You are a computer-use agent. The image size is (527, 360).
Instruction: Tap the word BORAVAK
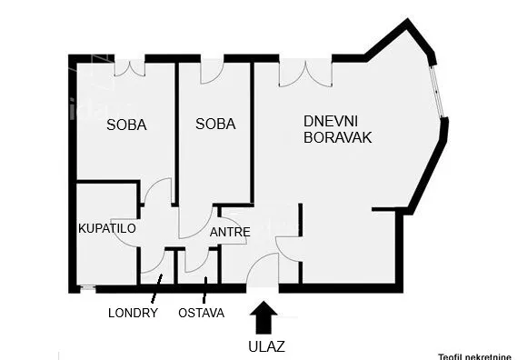[x=338, y=138]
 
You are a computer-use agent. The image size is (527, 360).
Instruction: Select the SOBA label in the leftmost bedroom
[x=126, y=125]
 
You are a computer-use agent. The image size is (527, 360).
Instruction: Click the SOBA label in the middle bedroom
[x=215, y=125]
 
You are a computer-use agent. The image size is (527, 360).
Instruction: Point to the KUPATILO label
[x=106, y=228]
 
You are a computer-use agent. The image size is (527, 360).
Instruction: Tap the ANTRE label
[x=230, y=232]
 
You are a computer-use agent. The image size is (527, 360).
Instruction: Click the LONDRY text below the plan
[x=133, y=314]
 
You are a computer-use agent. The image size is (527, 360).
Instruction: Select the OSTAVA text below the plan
[x=202, y=314]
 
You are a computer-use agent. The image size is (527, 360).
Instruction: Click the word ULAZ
[x=265, y=345]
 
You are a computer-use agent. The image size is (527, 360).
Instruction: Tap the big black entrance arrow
[x=265, y=318]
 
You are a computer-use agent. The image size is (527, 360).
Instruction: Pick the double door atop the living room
[x=305, y=72]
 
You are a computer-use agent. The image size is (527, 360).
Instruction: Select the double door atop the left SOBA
[x=129, y=66]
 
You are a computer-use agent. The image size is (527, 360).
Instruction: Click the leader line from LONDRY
[x=155, y=290]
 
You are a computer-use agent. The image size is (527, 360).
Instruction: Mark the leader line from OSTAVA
[x=204, y=290]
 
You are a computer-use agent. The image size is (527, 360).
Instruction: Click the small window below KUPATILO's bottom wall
[x=87, y=289]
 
